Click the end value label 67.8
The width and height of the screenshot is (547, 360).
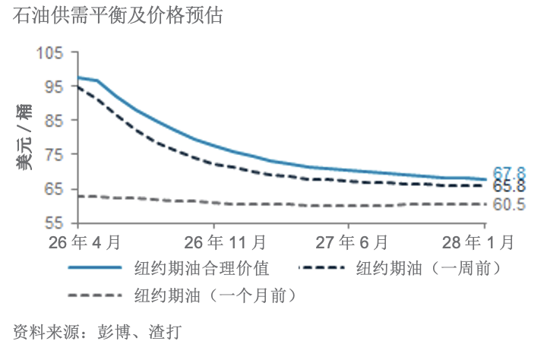point(509,174)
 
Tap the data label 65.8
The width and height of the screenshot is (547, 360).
point(509,187)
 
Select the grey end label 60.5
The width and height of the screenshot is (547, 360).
point(509,204)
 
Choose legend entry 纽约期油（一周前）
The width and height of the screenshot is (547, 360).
point(427,267)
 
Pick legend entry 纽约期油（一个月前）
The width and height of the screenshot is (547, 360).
point(215,295)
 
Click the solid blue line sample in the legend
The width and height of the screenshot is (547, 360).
point(96,267)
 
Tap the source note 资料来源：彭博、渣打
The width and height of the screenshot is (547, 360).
point(98,332)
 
